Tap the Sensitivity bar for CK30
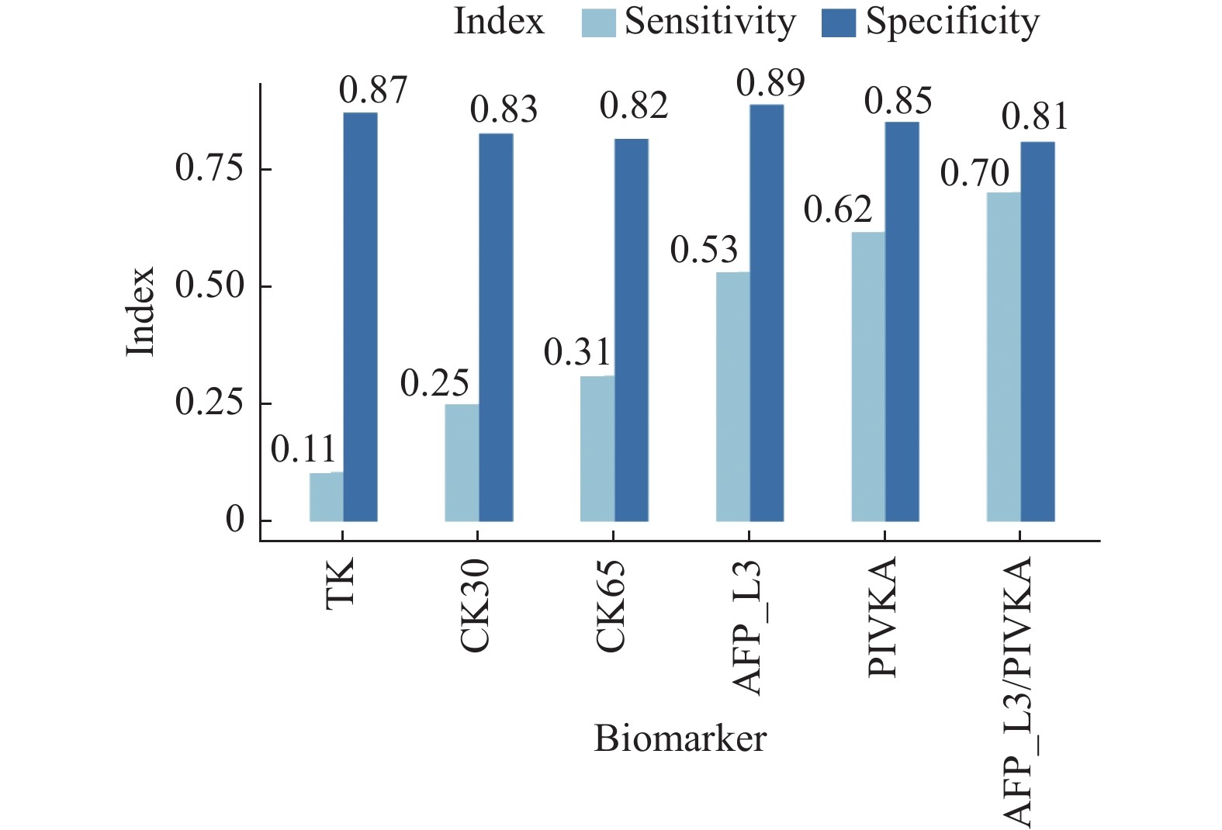tap(462, 462)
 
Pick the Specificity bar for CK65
tap(632, 330)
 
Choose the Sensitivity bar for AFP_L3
tap(733, 396)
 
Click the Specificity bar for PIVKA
tap(902, 321)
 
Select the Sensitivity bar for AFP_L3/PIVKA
tap(1004, 356)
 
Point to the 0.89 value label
tap(770, 83)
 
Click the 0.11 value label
tap(303, 450)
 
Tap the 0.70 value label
tap(974, 173)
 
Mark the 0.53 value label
tap(704, 250)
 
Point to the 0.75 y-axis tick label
tap(209, 168)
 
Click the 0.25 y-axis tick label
tap(209, 403)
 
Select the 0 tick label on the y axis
tap(235, 520)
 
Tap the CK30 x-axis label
tap(475, 605)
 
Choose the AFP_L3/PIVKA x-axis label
tap(1018, 690)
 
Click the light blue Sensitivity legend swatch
tap(599, 22)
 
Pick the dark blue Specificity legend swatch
tap(839, 22)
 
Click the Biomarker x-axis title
tap(680, 738)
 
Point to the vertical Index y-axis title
tap(141, 312)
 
